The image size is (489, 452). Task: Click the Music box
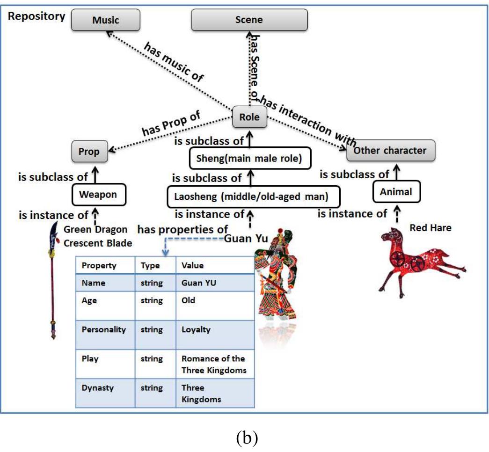(x=105, y=20)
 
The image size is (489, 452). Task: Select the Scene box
(x=249, y=20)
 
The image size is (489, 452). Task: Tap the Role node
(x=249, y=117)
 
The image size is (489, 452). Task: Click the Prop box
(x=89, y=152)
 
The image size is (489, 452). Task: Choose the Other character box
(x=390, y=151)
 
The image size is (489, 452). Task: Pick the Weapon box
(x=98, y=194)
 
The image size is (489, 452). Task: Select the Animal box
(x=396, y=192)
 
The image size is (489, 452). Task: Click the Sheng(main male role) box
(x=250, y=159)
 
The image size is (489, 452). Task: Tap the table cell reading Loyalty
(x=196, y=329)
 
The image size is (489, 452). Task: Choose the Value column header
(x=192, y=265)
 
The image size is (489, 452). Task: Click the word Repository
(x=36, y=16)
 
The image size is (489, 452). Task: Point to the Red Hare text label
(x=423, y=228)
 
